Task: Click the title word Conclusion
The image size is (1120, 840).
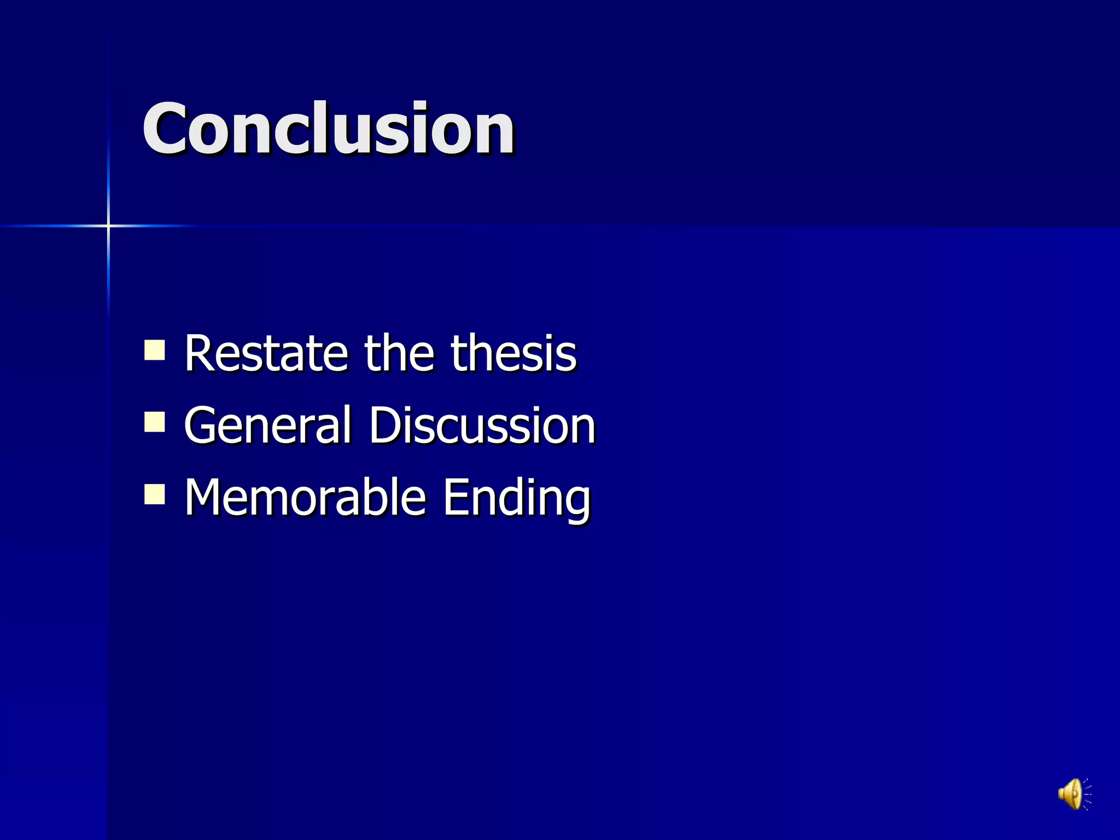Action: (328, 129)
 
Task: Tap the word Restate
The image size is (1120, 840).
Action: (266, 353)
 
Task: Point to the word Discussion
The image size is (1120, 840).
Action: (482, 425)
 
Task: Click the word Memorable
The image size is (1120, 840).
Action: (305, 497)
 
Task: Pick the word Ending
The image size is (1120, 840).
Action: (516, 499)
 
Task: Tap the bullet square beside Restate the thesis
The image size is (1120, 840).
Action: (155, 350)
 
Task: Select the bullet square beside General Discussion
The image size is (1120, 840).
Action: (155, 422)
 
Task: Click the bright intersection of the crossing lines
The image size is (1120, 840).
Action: (108, 225)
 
